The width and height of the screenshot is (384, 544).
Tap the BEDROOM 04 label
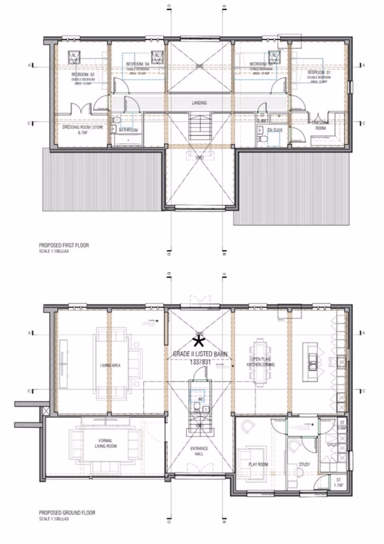click(x=137, y=65)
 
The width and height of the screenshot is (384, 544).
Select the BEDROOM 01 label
click(x=318, y=72)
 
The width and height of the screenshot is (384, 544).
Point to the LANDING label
click(x=199, y=103)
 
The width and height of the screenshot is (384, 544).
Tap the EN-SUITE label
click(x=274, y=128)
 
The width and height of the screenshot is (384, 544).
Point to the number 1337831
click(x=200, y=363)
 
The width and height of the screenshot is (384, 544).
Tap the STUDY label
click(x=304, y=466)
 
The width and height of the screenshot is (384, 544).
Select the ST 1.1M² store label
click(x=338, y=483)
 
